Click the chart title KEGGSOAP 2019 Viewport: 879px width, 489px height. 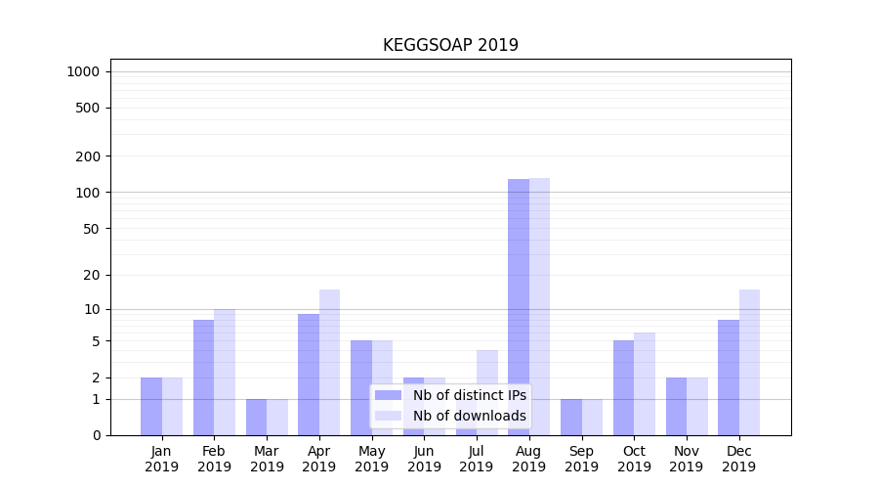click(450, 45)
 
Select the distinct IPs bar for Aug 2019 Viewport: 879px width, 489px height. click(519, 307)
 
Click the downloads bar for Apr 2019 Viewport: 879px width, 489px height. click(329, 362)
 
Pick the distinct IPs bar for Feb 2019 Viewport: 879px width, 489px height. click(203, 378)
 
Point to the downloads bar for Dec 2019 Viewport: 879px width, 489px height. click(749, 362)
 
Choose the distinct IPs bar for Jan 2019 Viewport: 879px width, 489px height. click(151, 406)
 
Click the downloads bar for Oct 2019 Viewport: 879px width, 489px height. click(645, 383)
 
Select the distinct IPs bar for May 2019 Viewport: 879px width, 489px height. click(361, 387)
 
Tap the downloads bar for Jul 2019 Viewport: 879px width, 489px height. click(487, 367)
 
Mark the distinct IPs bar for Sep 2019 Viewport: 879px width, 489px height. click(571, 417)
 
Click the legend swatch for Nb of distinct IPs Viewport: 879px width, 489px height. click(388, 395)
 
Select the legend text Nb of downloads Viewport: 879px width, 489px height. click(469, 416)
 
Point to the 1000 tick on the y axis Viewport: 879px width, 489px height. click(83, 71)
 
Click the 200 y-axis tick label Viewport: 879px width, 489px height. click(87, 156)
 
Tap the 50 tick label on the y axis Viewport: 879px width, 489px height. click(91, 229)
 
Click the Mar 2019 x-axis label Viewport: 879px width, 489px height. click(267, 459)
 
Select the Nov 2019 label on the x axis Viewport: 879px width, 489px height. click(687, 459)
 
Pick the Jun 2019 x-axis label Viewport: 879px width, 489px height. click(424, 459)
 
